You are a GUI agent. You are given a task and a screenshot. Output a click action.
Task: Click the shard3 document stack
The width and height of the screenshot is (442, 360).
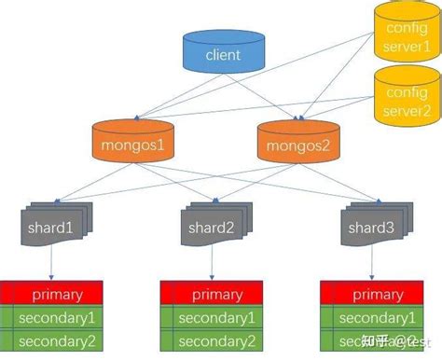pyautogui.click(x=369, y=227)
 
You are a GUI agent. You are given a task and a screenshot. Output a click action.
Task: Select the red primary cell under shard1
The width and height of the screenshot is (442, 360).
pyautogui.click(x=57, y=295)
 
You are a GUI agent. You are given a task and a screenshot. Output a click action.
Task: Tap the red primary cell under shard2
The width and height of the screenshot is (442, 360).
pyautogui.click(x=216, y=295)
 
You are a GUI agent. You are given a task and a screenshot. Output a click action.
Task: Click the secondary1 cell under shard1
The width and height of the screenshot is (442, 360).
pyautogui.click(x=57, y=318)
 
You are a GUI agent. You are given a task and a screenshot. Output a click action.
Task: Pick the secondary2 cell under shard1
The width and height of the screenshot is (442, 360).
pyautogui.click(x=57, y=340)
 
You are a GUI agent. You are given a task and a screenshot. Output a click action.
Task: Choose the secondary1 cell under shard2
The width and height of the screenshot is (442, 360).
pyautogui.click(x=216, y=318)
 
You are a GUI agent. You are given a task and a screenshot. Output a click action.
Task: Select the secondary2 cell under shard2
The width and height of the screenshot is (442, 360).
pyautogui.click(x=216, y=340)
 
